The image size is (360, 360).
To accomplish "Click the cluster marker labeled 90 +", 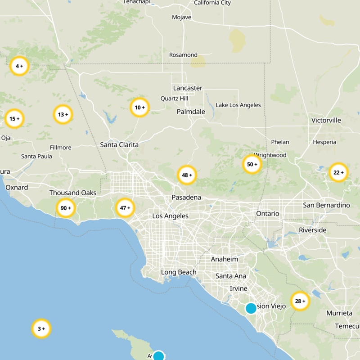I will click(x=66, y=208).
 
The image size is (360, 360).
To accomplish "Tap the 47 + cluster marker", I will click(x=125, y=208).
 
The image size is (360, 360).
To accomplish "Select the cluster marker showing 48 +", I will click(x=187, y=175).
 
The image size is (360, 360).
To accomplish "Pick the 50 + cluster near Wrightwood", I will click(x=252, y=165).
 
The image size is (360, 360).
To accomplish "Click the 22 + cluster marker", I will click(x=338, y=172).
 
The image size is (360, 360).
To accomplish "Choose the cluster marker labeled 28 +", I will click(x=300, y=301).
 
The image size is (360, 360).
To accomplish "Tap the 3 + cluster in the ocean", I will click(x=41, y=328).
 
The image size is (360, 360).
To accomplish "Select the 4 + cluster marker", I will click(x=19, y=66).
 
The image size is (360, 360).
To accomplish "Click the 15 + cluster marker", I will click(x=14, y=119).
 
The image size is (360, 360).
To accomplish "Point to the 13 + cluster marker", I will click(x=63, y=114).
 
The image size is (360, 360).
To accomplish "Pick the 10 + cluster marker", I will click(x=140, y=108).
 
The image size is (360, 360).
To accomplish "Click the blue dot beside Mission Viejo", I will click(x=251, y=309).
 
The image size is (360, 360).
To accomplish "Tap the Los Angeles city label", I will click(x=170, y=216).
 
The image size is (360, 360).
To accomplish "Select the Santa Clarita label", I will click(x=119, y=145).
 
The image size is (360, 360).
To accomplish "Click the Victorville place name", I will click(x=326, y=121).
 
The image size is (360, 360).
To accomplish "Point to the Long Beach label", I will click(x=179, y=272).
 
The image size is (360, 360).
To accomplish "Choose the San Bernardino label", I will click(x=326, y=205).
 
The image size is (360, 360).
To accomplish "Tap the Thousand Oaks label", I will click(x=73, y=193).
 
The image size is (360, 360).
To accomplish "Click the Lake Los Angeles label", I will click(x=238, y=105).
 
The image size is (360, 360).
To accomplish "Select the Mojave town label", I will click(x=181, y=18).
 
